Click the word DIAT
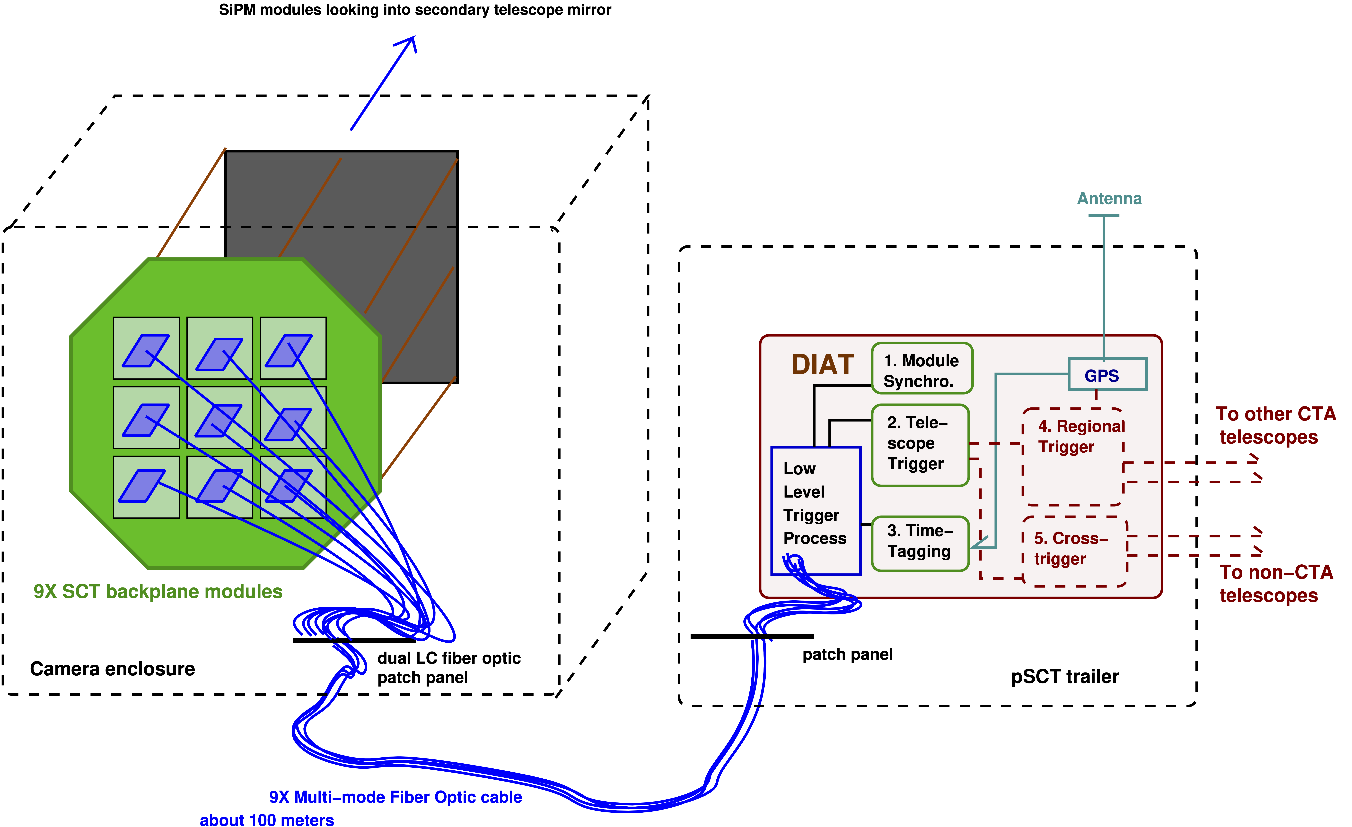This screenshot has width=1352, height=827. [x=823, y=365]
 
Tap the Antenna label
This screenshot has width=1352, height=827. [x=1109, y=198]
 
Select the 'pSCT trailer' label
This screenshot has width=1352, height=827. [x=1064, y=677]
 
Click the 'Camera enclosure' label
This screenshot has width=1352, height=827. [x=113, y=669]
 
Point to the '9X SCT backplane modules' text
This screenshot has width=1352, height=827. [x=158, y=592]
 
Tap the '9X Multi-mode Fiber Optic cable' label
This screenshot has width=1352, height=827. [x=395, y=797]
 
